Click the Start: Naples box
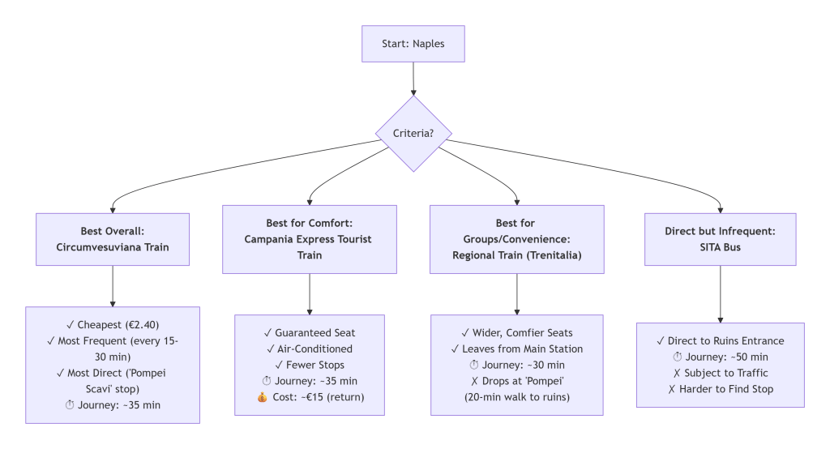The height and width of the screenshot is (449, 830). point(413,44)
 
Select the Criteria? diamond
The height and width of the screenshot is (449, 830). point(413,134)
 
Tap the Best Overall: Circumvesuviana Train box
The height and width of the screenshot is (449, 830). point(112,239)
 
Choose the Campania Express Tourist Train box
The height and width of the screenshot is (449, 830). point(310,239)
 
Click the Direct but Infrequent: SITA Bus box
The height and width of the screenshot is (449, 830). point(720,239)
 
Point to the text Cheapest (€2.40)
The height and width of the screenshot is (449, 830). point(113,325)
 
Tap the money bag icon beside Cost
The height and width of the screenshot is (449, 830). point(270,397)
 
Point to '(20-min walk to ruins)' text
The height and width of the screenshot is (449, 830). point(516,397)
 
